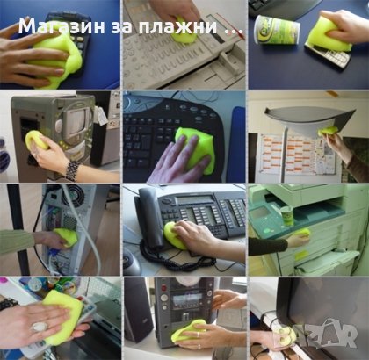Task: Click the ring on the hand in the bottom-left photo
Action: click(x=38, y=327)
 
